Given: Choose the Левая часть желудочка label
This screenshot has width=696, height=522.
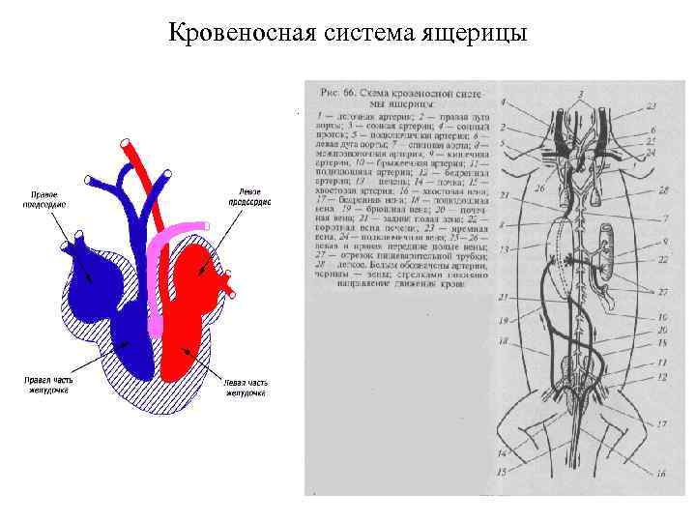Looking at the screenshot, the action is click(x=246, y=389).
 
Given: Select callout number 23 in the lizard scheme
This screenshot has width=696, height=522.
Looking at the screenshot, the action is click(x=653, y=105).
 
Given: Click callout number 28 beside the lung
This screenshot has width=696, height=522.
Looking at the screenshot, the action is click(x=662, y=192).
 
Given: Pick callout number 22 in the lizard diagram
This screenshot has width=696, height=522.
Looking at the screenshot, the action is click(x=664, y=260).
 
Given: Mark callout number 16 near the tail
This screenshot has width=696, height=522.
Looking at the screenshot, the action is click(x=661, y=473).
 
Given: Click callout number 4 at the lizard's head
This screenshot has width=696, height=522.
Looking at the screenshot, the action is click(x=504, y=101).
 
